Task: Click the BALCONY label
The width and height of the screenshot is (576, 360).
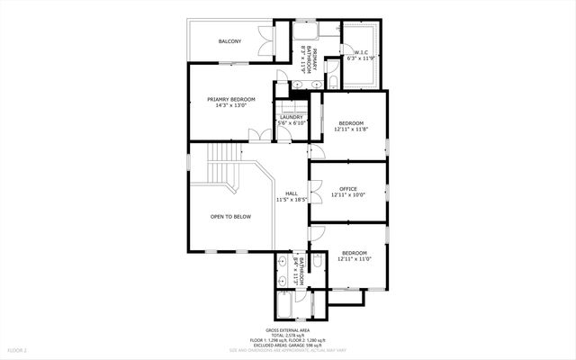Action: click(229, 41)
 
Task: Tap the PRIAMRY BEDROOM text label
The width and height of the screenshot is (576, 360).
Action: click(231, 100)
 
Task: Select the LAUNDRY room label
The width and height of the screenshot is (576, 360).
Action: click(291, 117)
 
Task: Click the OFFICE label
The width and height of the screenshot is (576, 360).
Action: click(348, 189)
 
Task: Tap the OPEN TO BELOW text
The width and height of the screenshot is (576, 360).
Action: click(230, 217)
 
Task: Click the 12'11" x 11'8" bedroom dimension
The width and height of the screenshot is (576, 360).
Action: click(351, 129)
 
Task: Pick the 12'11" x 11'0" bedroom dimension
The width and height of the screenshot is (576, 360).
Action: click(354, 259)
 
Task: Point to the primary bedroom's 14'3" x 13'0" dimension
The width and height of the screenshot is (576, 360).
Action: click(231, 107)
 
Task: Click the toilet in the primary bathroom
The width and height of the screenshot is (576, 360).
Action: click(333, 83)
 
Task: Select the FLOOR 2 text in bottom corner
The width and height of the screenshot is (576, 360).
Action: click(18, 349)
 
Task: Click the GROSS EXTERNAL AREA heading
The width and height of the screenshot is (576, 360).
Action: click(288, 330)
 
